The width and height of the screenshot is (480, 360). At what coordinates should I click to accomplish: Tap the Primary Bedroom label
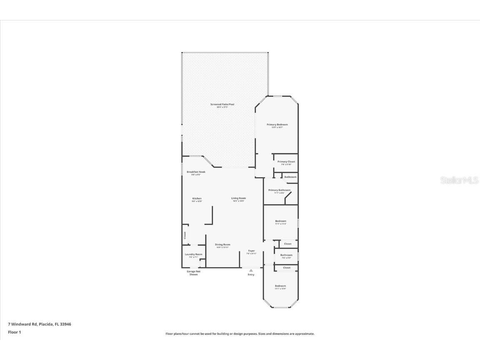(x=277, y=125)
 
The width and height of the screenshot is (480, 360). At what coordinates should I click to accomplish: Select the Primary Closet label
(x=286, y=162)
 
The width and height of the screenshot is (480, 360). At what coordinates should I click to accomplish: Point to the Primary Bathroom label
(x=279, y=190)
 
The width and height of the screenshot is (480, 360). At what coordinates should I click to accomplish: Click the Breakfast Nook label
(x=196, y=172)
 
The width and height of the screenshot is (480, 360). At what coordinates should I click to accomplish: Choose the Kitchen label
(x=197, y=198)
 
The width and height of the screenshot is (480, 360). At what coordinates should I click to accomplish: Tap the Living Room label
(x=239, y=198)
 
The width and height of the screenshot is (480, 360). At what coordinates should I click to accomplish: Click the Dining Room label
(x=222, y=245)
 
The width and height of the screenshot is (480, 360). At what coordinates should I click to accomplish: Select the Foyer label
(x=251, y=251)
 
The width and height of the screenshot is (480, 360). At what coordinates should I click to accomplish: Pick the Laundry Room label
(x=193, y=254)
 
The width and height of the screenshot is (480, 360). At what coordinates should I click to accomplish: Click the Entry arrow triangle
(x=251, y=270)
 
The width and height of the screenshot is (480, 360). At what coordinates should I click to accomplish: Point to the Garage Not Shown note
(x=193, y=273)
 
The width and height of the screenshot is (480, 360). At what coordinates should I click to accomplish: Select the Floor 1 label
(x=14, y=332)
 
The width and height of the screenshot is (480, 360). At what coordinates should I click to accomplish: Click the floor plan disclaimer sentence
(x=240, y=334)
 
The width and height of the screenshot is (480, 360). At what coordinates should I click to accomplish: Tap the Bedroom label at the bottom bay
(x=280, y=286)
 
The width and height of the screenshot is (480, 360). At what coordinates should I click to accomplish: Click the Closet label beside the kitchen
(x=185, y=235)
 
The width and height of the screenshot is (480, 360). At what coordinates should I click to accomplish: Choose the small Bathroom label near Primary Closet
(x=290, y=177)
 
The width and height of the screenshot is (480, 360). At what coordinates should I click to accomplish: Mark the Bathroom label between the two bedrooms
(x=286, y=255)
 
